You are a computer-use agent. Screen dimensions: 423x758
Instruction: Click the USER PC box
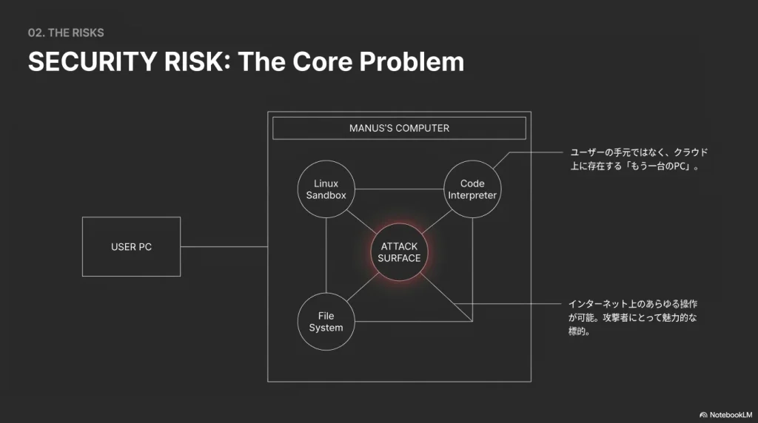pyautogui.click(x=131, y=246)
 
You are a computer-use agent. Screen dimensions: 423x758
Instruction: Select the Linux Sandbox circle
pyautogui.click(x=326, y=189)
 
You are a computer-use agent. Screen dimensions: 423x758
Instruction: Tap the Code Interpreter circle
pyautogui.click(x=472, y=189)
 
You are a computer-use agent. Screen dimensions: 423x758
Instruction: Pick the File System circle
pyautogui.click(x=326, y=322)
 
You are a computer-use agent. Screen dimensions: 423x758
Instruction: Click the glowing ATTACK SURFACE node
pyautogui.click(x=399, y=252)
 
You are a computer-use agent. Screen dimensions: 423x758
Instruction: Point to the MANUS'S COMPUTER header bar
pyautogui.click(x=399, y=128)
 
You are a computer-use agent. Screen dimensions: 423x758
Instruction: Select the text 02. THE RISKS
pyautogui.click(x=66, y=33)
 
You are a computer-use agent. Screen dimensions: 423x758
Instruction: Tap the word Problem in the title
pyautogui.click(x=412, y=61)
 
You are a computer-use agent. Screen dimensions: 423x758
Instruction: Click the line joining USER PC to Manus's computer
pyautogui.click(x=224, y=246)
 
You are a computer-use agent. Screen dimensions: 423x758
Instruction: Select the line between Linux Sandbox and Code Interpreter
pyautogui.click(x=398, y=190)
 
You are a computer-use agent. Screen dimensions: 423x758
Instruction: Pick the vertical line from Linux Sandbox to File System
pyautogui.click(x=326, y=255)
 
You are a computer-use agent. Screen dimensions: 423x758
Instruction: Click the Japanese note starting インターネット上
pyautogui.click(x=633, y=317)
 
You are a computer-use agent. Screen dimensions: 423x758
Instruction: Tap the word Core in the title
pyautogui.click(x=322, y=61)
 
